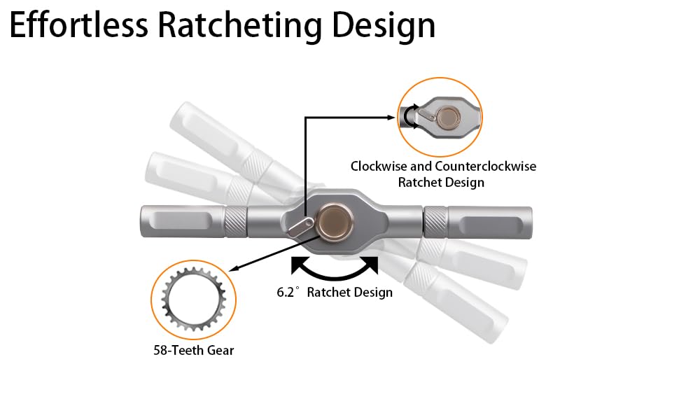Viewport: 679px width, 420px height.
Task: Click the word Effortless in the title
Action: pos(79,25)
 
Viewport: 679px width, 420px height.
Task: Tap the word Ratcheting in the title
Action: pos(240,27)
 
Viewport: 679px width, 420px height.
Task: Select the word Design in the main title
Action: pos(384,27)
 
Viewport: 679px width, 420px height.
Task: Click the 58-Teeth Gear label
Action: pos(194,350)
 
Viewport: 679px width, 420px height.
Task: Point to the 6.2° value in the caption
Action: pos(288,292)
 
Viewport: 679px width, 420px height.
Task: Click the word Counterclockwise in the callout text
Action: pos(485,167)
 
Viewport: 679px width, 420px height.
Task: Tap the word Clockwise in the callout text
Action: pos(379,167)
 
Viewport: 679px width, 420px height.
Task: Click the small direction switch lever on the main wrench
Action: pos(300,227)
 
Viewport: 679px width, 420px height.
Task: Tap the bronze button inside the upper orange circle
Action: pos(449,117)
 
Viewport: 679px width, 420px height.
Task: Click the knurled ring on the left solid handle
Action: pos(236,222)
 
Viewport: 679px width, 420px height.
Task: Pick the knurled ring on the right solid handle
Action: pos(435,223)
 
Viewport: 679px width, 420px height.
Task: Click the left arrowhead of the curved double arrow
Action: pos(298,265)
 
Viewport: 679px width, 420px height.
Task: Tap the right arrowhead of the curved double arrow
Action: pos(371,265)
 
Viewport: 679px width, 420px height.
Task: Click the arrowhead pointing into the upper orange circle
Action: pos(391,117)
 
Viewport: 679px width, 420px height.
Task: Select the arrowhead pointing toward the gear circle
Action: pos(234,268)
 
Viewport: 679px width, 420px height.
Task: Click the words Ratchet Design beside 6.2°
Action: pos(349,293)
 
